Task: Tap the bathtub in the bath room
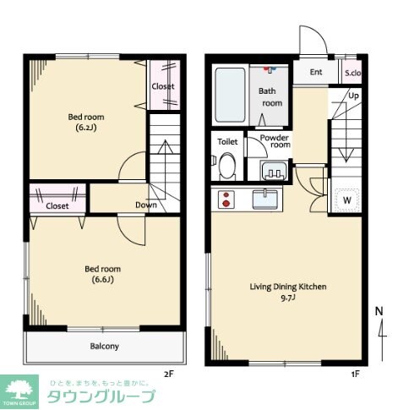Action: (230, 95)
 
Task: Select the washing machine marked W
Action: (347, 200)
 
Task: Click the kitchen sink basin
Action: (265, 200)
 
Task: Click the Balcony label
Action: (104, 346)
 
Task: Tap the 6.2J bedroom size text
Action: (86, 128)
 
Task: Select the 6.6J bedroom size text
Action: (103, 280)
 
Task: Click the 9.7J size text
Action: (288, 298)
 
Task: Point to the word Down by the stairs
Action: (146, 205)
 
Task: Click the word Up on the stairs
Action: (353, 96)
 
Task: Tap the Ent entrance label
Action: (316, 72)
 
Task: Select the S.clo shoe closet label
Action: (353, 73)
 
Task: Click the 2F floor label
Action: (169, 374)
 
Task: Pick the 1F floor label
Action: (356, 374)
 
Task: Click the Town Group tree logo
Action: (19, 390)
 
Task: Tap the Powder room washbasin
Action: (274, 171)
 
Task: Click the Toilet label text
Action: (227, 141)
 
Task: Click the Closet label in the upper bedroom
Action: (163, 86)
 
